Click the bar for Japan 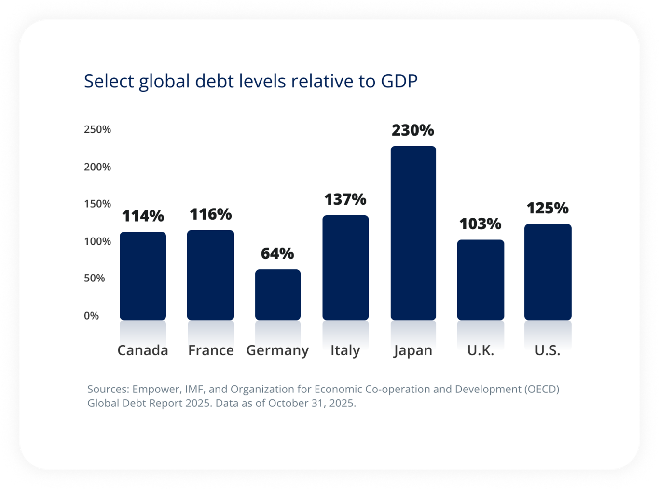(x=413, y=233)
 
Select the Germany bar (x=277, y=295)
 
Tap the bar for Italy (x=345, y=268)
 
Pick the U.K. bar (x=481, y=280)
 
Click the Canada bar (x=143, y=276)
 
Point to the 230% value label (x=412, y=130)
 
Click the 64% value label (x=277, y=253)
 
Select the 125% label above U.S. (x=548, y=208)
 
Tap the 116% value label (x=210, y=214)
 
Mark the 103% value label (x=480, y=224)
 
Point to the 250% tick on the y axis (x=97, y=129)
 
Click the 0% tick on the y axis (x=91, y=316)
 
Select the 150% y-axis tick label (x=97, y=204)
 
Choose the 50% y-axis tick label (x=95, y=279)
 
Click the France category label (x=211, y=350)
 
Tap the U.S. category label (x=548, y=350)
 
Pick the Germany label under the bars (x=277, y=350)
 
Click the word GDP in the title (x=399, y=81)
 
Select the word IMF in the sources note (x=194, y=389)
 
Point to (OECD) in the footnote (x=542, y=389)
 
